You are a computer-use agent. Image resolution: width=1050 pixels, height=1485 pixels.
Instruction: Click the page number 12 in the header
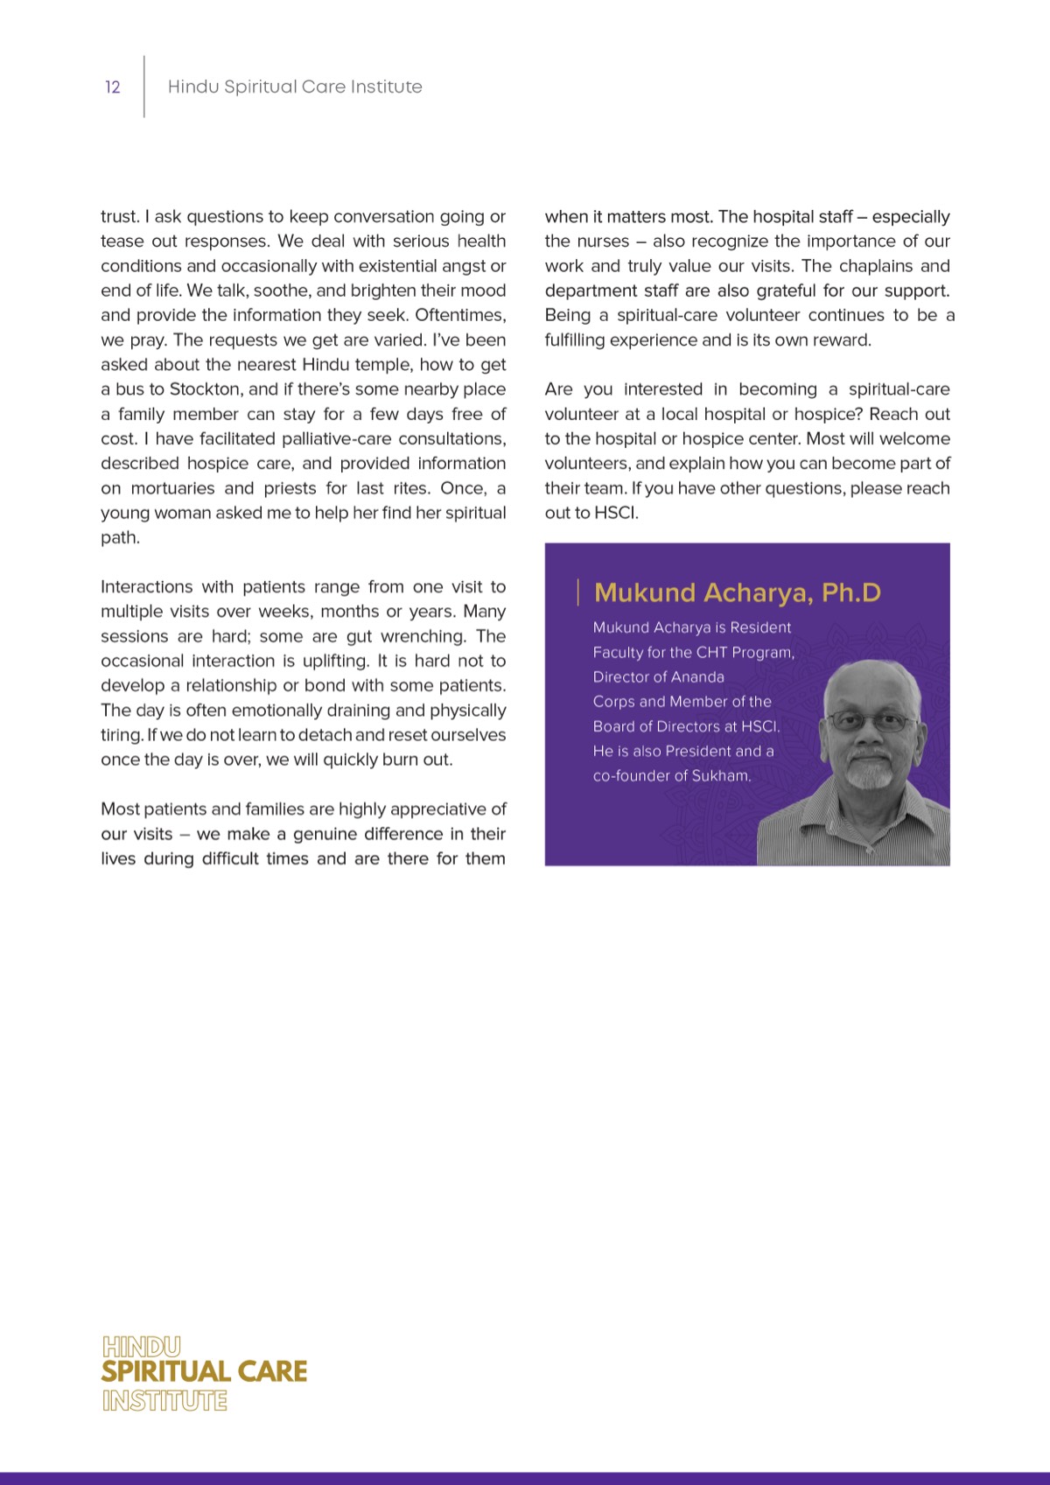(112, 87)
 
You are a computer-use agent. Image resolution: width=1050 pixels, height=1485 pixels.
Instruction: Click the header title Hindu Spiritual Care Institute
(295, 87)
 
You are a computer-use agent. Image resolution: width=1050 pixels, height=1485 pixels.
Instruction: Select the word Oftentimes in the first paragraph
(459, 315)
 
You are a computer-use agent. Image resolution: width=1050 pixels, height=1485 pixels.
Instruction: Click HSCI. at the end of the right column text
(616, 513)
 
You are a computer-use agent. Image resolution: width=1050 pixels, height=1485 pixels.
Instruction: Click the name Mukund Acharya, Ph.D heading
(737, 592)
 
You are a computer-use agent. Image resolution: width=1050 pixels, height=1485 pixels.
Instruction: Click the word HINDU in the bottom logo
(141, 1346)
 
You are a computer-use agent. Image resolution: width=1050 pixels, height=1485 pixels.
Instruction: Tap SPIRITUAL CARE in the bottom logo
(204, 1371)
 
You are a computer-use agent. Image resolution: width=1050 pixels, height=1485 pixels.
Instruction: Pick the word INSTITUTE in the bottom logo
(164, 1400)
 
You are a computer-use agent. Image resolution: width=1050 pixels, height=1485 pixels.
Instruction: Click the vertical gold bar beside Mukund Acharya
(578, 592)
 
